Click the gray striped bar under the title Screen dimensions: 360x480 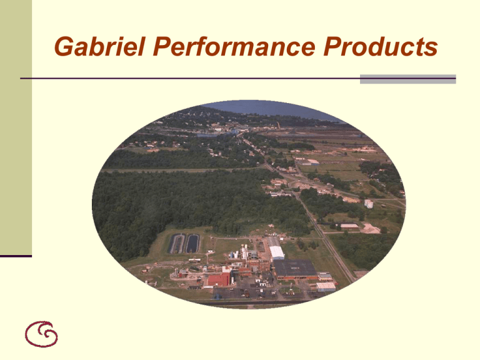coord(407,79)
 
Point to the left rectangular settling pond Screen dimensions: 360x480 coord(177,243)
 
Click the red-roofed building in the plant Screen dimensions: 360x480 coord(218,279)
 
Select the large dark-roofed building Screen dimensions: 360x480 coord(294,268)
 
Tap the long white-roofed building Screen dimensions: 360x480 coord(276,252)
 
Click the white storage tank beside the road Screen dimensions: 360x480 coord(369,204)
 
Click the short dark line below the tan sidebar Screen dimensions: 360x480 coord(16,256)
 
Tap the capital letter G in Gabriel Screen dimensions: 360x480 coord(62,47)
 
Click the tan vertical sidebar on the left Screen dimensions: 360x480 coord(16,125)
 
